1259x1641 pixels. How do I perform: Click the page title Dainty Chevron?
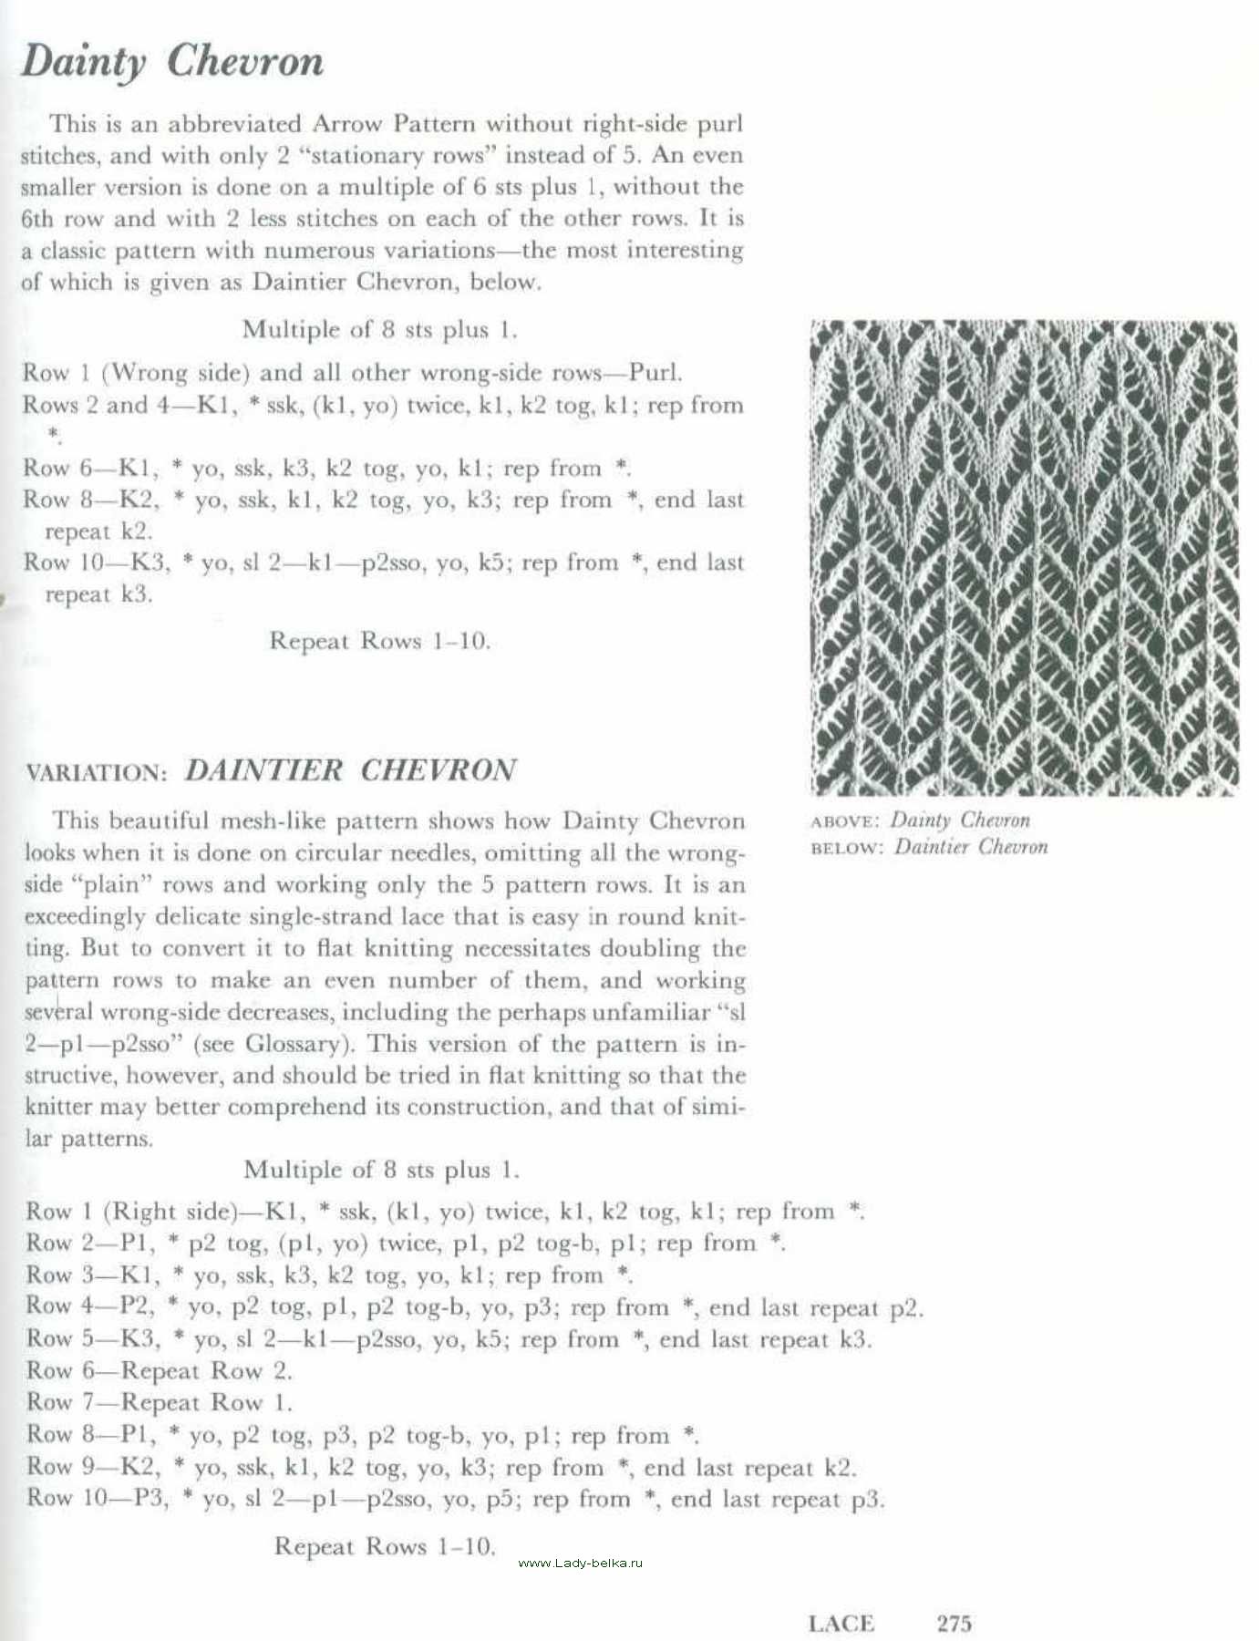[x=172, y=62]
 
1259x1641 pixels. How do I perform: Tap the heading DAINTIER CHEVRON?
[x=350, y=770]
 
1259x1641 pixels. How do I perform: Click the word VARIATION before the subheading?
[x=96, y=773]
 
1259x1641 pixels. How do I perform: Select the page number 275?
[x=955, y=1623]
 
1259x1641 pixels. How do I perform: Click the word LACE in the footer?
[x=841, y=1623]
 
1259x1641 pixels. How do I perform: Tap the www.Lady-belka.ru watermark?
[x=580, y=1563]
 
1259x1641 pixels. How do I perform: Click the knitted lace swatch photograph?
[x=1024, y=557]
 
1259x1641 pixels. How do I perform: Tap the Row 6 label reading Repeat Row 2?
[x=159, y=1370]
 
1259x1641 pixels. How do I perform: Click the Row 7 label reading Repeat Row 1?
[x=159, y=1402]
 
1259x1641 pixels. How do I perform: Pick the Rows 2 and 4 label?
[x=108, y=405]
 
